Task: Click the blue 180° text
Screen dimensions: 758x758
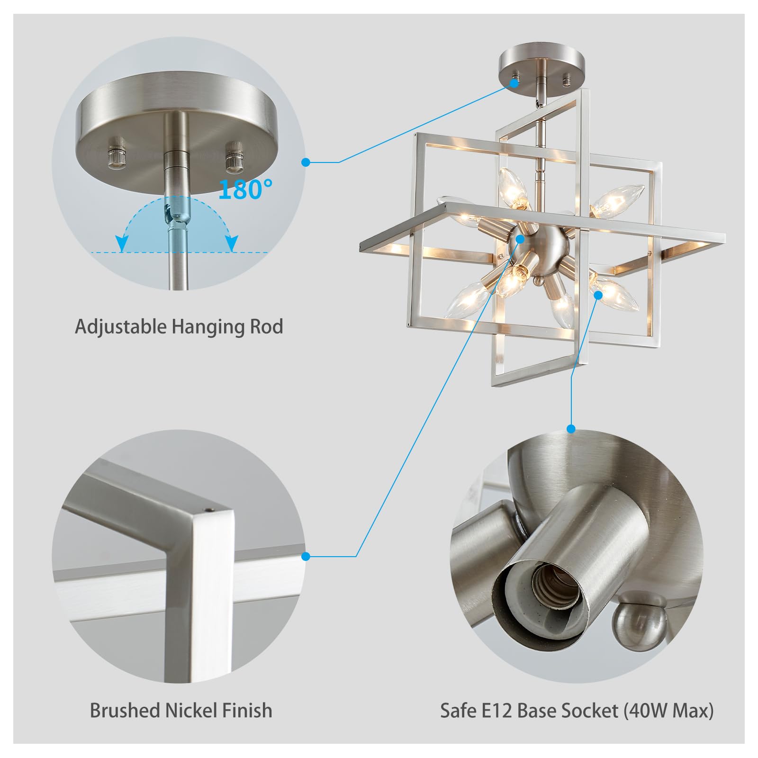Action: click(x=245, y=189)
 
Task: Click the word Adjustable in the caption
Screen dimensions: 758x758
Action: click(x=120, y=327)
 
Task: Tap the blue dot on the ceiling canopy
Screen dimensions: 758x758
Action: click(x=514, y=83)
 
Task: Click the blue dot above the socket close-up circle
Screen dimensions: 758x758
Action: click(x=571, y=429)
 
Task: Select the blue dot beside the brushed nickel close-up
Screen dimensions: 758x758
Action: click(x=306, y=556)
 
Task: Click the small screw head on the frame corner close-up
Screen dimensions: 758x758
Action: click(x=209, y=510)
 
